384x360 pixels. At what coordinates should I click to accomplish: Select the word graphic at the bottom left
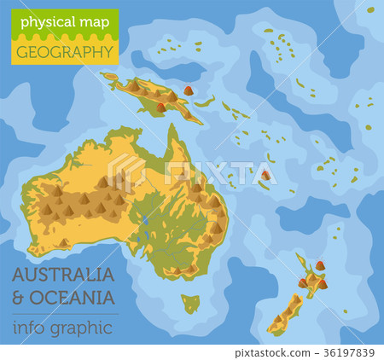tap(80, 328)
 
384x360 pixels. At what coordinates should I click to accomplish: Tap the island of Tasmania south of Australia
tap(191, 302)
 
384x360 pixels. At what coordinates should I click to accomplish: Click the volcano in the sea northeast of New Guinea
tap(189, 90)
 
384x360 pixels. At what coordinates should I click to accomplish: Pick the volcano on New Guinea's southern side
tap(161, 107)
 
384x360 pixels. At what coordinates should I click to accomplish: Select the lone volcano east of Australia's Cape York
tap(266, 176)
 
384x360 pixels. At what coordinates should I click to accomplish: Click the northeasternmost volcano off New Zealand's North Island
tap(320, 266)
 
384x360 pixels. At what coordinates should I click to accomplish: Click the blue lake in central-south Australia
tap(146, 220)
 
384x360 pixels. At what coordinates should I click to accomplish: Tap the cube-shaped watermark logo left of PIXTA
tap(126, 171)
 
